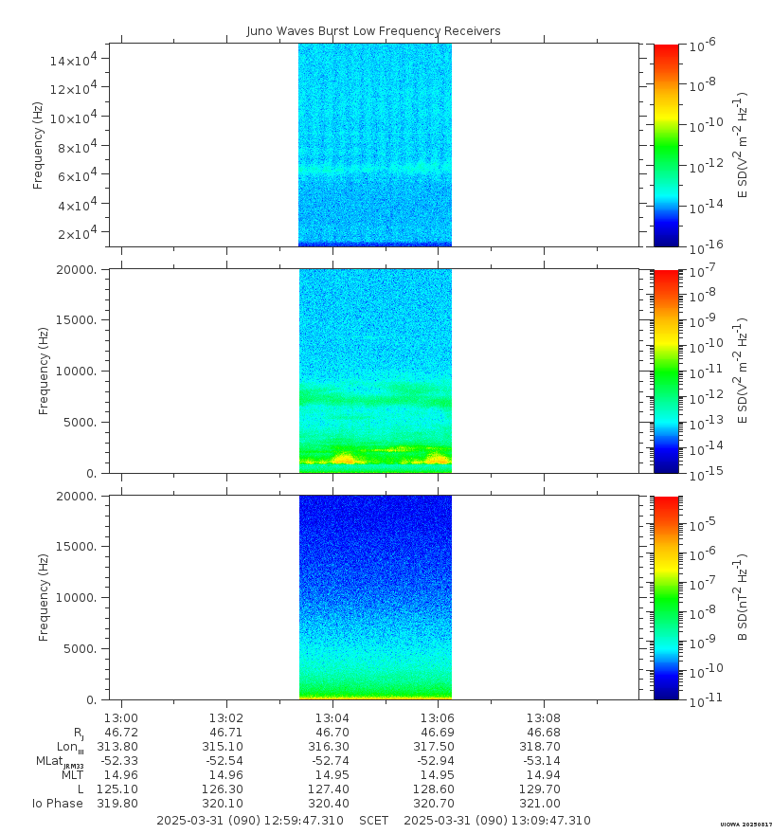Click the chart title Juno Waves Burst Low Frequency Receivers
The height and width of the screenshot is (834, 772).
point(373,31)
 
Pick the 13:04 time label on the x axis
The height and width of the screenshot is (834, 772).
point(332,718)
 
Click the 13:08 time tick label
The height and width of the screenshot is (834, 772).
point(544,718)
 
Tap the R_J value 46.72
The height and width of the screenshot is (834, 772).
point(121,733)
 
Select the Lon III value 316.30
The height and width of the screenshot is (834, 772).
point(332,746)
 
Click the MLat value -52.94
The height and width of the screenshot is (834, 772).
point(439,760)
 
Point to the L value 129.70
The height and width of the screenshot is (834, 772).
point(544,789)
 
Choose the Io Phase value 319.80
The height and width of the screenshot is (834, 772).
point(121,803)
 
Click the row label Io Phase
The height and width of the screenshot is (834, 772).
point(57,804)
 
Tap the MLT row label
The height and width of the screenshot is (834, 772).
point(72,775)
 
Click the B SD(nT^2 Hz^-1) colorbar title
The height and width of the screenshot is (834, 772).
point(744,597)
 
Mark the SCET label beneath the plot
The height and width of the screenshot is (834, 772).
point(373,821)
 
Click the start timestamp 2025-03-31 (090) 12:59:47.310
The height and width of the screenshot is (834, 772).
point(250,821)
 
